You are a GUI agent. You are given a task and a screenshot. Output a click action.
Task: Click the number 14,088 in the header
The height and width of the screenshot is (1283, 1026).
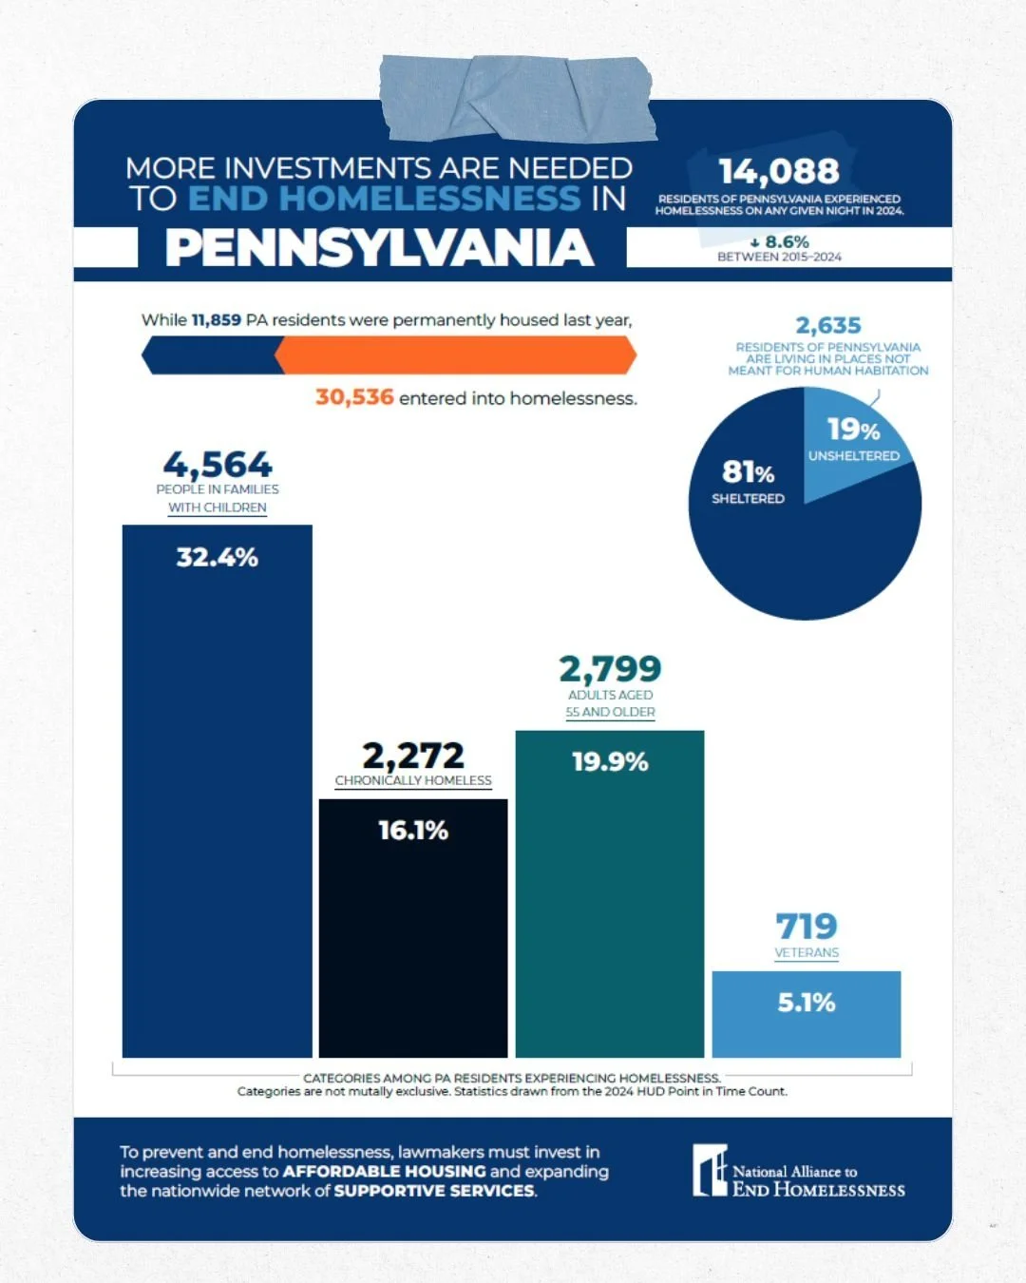[779, 172]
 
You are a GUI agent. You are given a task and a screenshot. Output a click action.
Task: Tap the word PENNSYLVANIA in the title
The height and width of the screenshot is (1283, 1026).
[380, 248]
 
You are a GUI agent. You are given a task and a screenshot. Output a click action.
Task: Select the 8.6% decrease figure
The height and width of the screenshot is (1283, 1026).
[781, 242]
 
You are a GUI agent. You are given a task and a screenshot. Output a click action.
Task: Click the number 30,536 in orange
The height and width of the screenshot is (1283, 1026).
[354, 397]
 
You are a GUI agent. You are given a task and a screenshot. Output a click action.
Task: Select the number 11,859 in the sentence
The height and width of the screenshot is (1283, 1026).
[216, 320]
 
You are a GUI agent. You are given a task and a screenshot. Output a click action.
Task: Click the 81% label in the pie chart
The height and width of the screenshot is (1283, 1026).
[748, 472]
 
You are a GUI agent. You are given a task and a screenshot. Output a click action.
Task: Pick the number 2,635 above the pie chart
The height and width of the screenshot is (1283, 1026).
[828, 326]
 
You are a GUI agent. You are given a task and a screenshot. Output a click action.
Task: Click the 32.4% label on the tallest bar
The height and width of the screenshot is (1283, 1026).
[217, 557]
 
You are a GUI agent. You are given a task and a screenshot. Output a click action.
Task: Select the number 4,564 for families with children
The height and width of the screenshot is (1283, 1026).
[218, 465]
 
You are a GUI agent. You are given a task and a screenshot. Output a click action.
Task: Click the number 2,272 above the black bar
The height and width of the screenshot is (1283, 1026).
[413, 756]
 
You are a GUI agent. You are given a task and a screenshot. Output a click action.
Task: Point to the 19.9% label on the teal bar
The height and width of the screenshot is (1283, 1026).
[610, 762]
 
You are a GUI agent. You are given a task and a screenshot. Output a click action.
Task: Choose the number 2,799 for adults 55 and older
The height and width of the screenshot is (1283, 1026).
[610, 669]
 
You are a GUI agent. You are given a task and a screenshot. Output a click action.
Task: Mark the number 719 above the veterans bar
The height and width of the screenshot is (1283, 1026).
[807, 926]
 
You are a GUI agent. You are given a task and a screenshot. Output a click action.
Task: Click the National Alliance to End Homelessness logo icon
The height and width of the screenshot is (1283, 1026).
[710, 1170]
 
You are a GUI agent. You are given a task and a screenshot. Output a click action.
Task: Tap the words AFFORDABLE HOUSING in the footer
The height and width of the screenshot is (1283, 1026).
[384, 1172]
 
